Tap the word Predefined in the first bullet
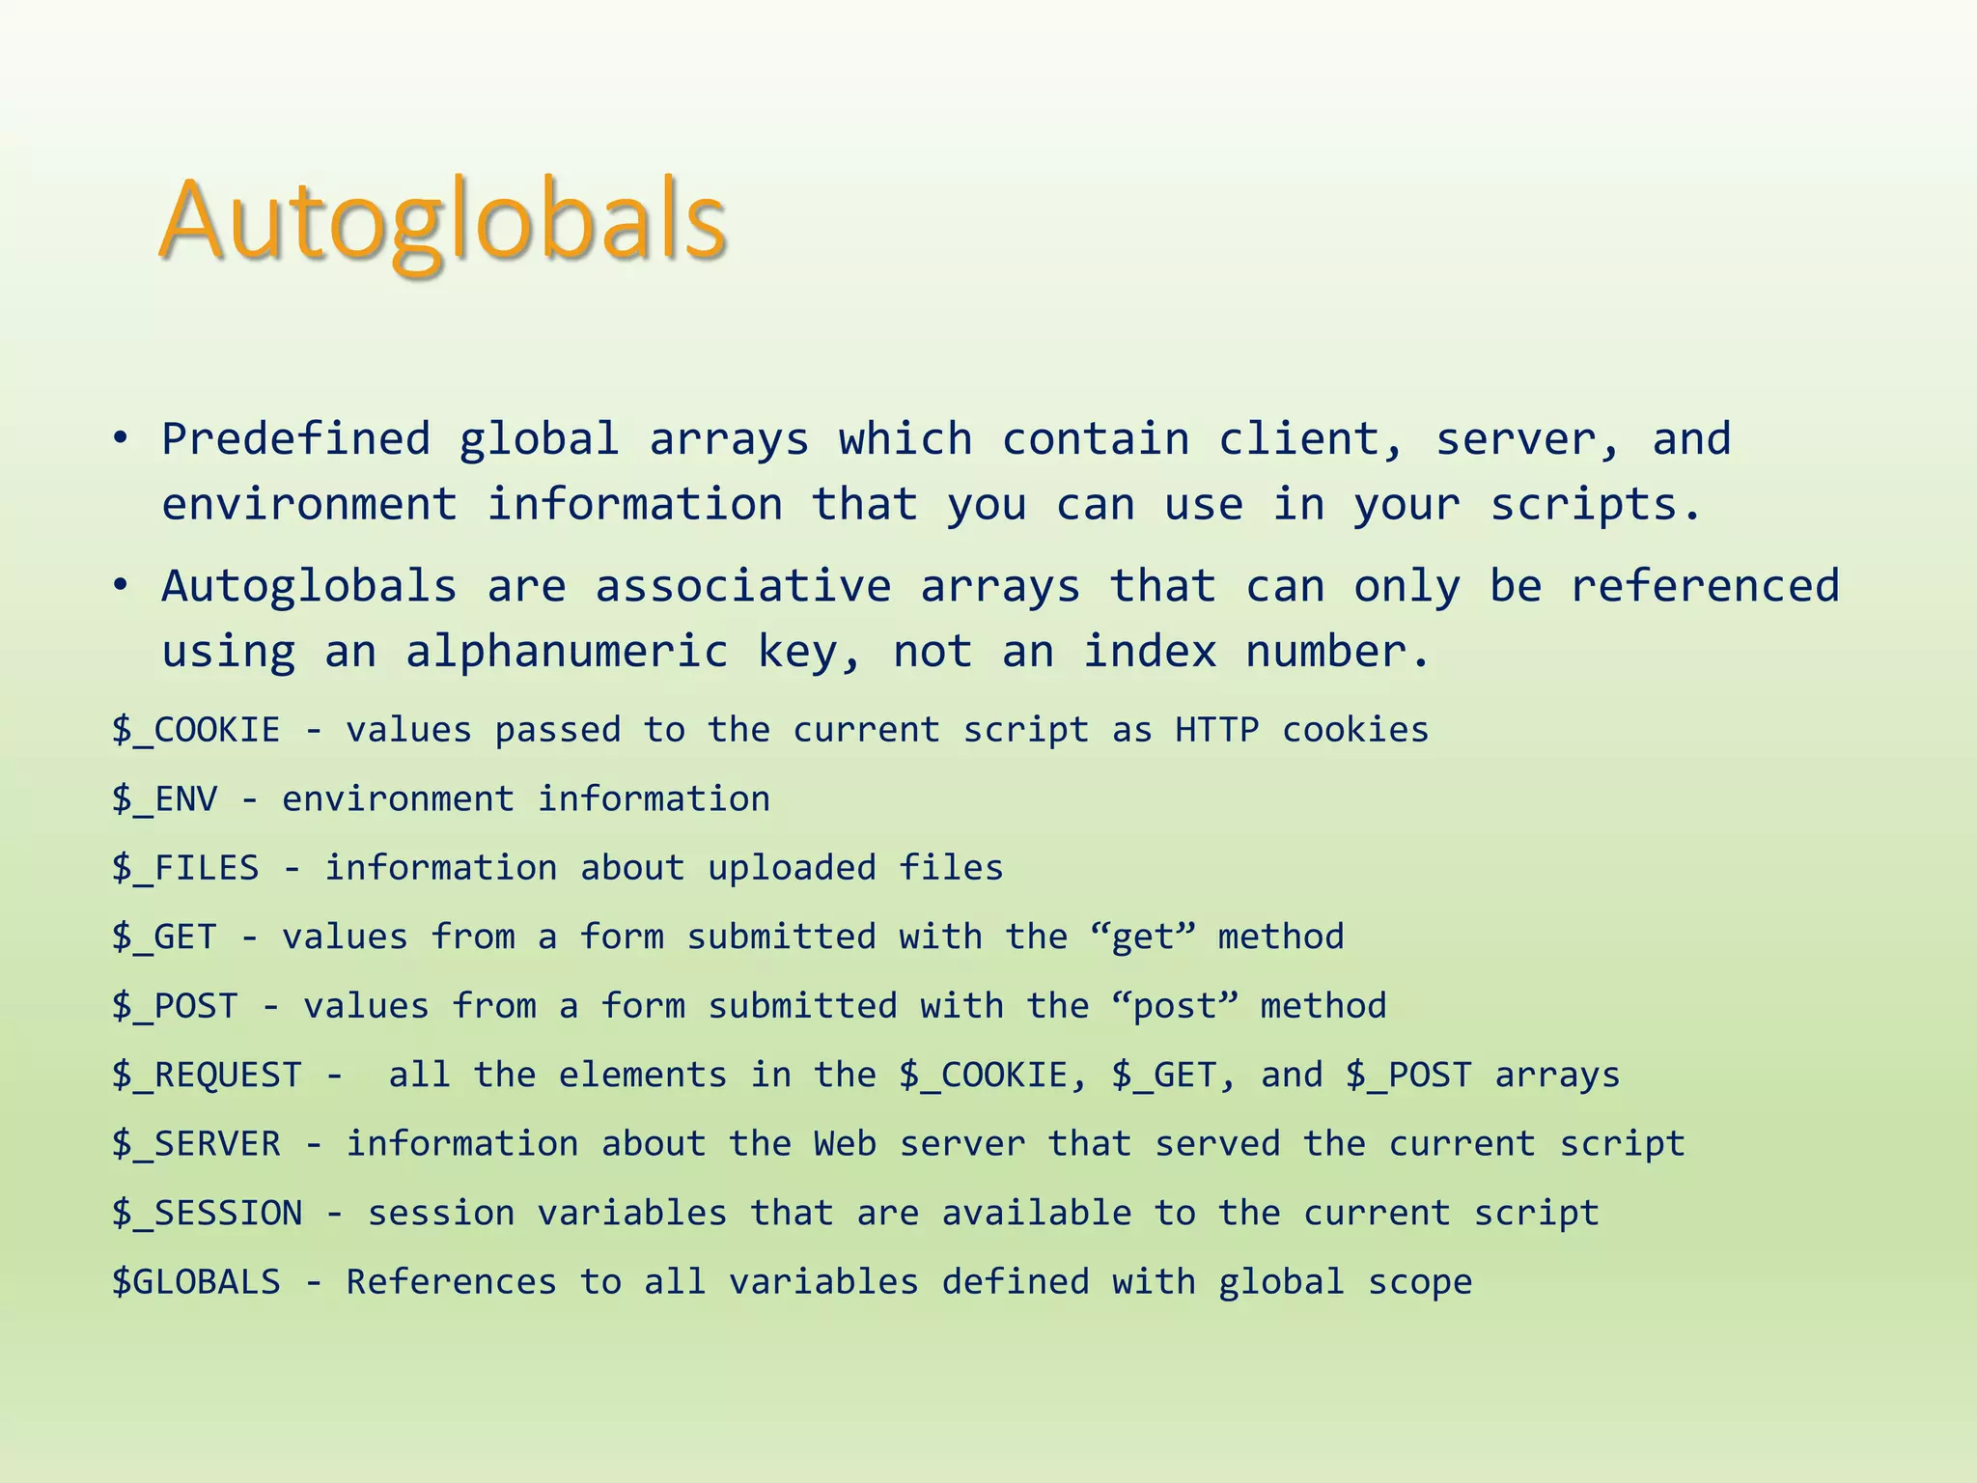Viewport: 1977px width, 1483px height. (x=295, y=439)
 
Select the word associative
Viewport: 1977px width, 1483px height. (x=742, y=586)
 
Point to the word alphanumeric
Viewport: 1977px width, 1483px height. (x=567, y=652)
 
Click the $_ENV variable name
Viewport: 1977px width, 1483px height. (x=164, y=799)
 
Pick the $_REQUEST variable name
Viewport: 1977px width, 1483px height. (x=207, y=1076)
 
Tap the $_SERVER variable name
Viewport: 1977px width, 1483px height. (x=196, y=1144)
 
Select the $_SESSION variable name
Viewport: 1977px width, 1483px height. (x=207, y=1214)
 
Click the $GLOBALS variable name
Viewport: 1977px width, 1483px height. (x=196, y=1282)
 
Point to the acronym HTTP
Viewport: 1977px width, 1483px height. (x=1216, y=730)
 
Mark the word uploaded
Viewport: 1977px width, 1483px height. (x=792, y=868)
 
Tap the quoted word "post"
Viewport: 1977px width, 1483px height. (x=1174, y=1006)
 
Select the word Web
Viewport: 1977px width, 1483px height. (x=845, y=1144)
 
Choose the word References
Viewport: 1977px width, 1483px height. (x=451, y=1282)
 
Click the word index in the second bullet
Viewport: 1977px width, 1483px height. (x=1149, y=652)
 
